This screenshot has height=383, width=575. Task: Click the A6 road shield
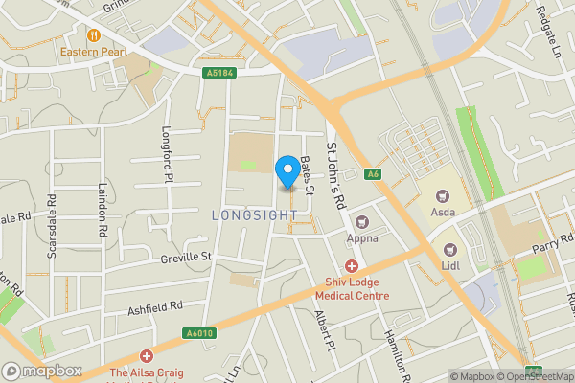click(x=374, y=173)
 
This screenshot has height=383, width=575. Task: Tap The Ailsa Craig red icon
click(x=146, y=355)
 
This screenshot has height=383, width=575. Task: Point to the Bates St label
click(x=307, y=175)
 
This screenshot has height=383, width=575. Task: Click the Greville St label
click(x=185, y=257)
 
